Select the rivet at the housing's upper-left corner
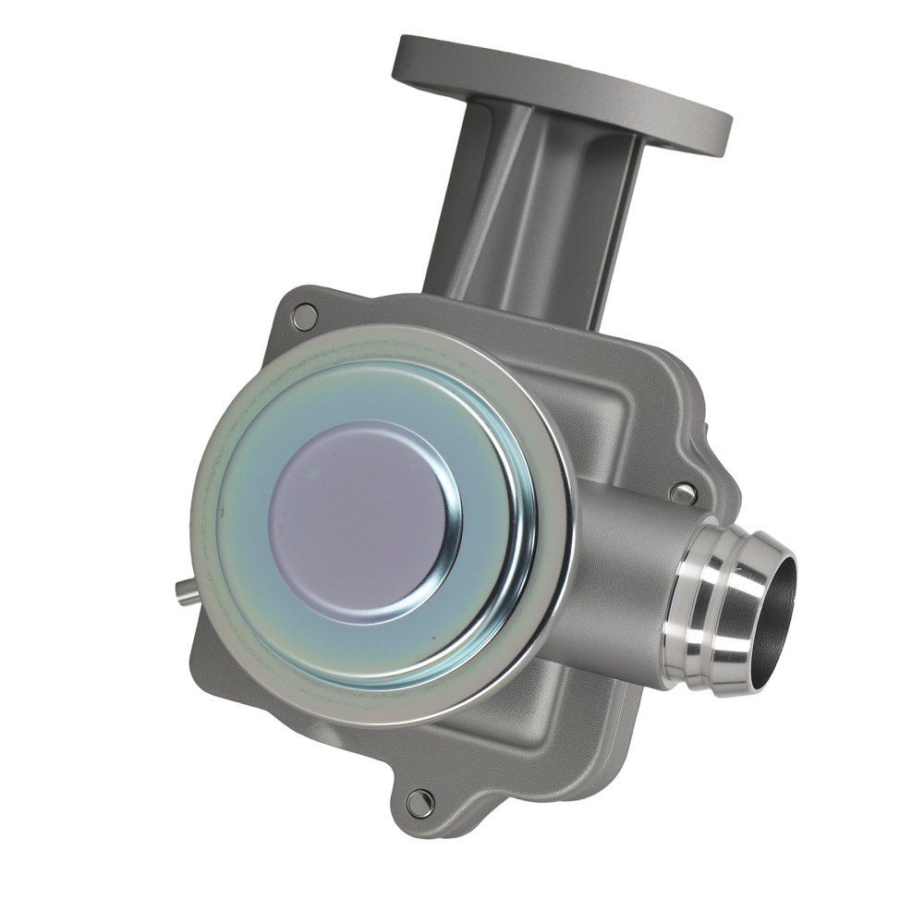click(x=304, y=317)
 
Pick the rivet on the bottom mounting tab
click(x=419, y=802)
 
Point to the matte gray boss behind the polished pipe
click(x=619, y=573)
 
